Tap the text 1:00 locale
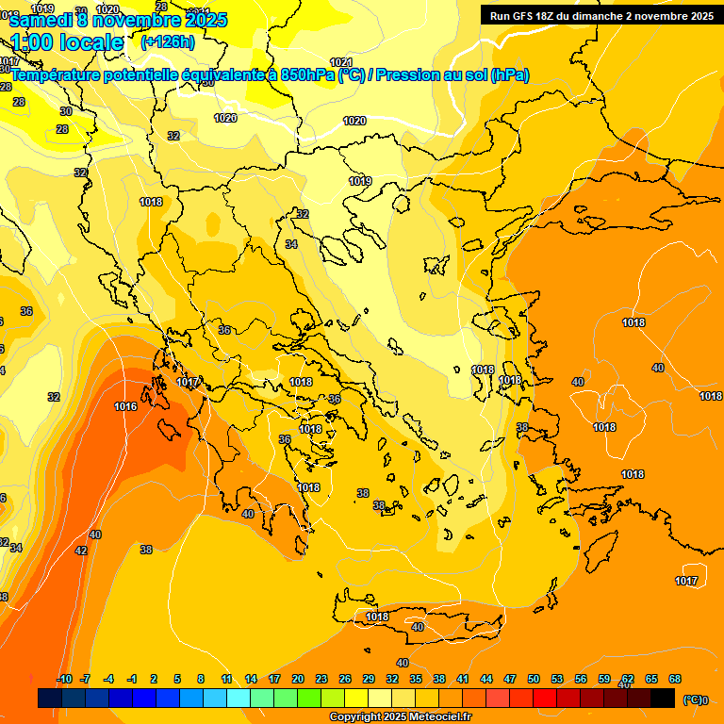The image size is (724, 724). (x=67, y=42)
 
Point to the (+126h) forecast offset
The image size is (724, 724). (x=168, y=41)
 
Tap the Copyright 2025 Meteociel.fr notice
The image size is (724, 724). (x=400, y=717)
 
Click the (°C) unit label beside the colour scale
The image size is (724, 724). (x=693, y=699)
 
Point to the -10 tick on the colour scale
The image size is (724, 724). (x=64, y=679)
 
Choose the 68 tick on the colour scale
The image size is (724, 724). (x=675, y=679)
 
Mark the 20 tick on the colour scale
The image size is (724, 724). (x=297, y=679)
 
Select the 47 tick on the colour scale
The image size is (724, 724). (x=510, y=679)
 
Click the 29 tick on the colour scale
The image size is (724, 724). (x=368, y=679)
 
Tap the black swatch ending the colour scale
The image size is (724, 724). (x=663, y=699)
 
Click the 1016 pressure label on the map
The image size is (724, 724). (x=125, y=406)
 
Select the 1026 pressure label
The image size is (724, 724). (x=225, y=118)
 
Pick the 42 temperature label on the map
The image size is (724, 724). (x=81, y=551)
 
